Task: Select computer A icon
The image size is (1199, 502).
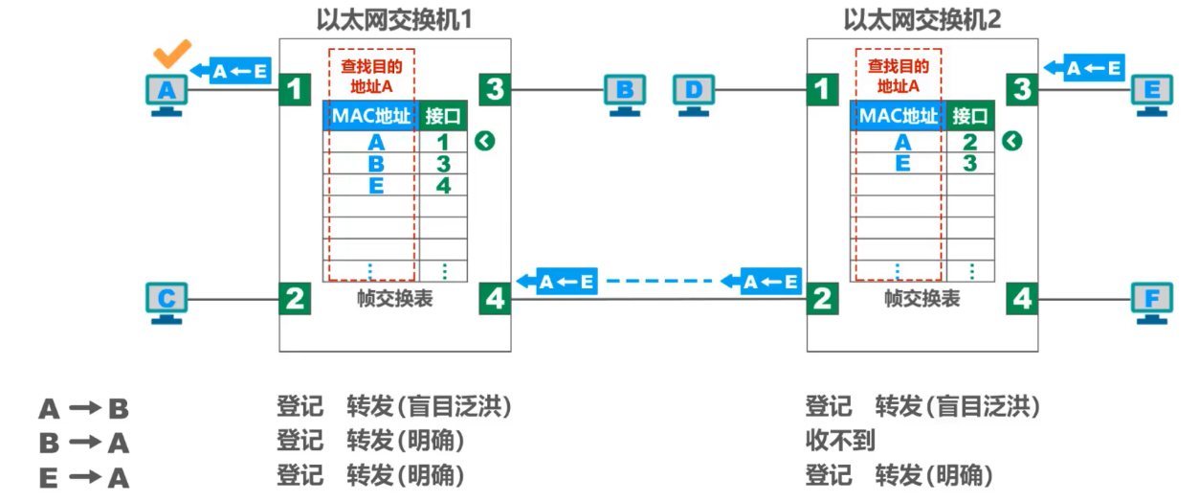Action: (x=167, y=94)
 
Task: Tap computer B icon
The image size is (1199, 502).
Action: (x=624, y=94)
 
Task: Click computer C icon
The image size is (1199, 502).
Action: (x=167, y=302)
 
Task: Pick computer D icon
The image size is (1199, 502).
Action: (x=694, y=94)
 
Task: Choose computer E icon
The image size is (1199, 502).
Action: (x=1151, y=94)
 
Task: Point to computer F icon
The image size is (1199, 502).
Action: (x=1151, y=302)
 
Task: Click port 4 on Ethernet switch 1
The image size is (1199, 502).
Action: (x=495, y=299)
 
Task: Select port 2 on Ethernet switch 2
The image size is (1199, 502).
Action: (x=822, y=299)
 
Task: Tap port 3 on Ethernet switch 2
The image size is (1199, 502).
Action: (x=1023, y=90)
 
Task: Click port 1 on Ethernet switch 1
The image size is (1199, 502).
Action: (x=295, y=90)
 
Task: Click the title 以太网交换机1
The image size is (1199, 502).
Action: (x=394, y=19)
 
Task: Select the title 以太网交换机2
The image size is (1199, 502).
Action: (x=922, y=19)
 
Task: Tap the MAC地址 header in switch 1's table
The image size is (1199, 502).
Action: (x=370, y=116)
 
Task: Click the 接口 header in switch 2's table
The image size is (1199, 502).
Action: (x=970, y=116)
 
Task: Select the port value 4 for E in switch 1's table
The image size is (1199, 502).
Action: (x=443, y=186)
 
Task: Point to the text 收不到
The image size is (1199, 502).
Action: (x=840, y=441)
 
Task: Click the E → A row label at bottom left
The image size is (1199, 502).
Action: (x=83, y=477)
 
